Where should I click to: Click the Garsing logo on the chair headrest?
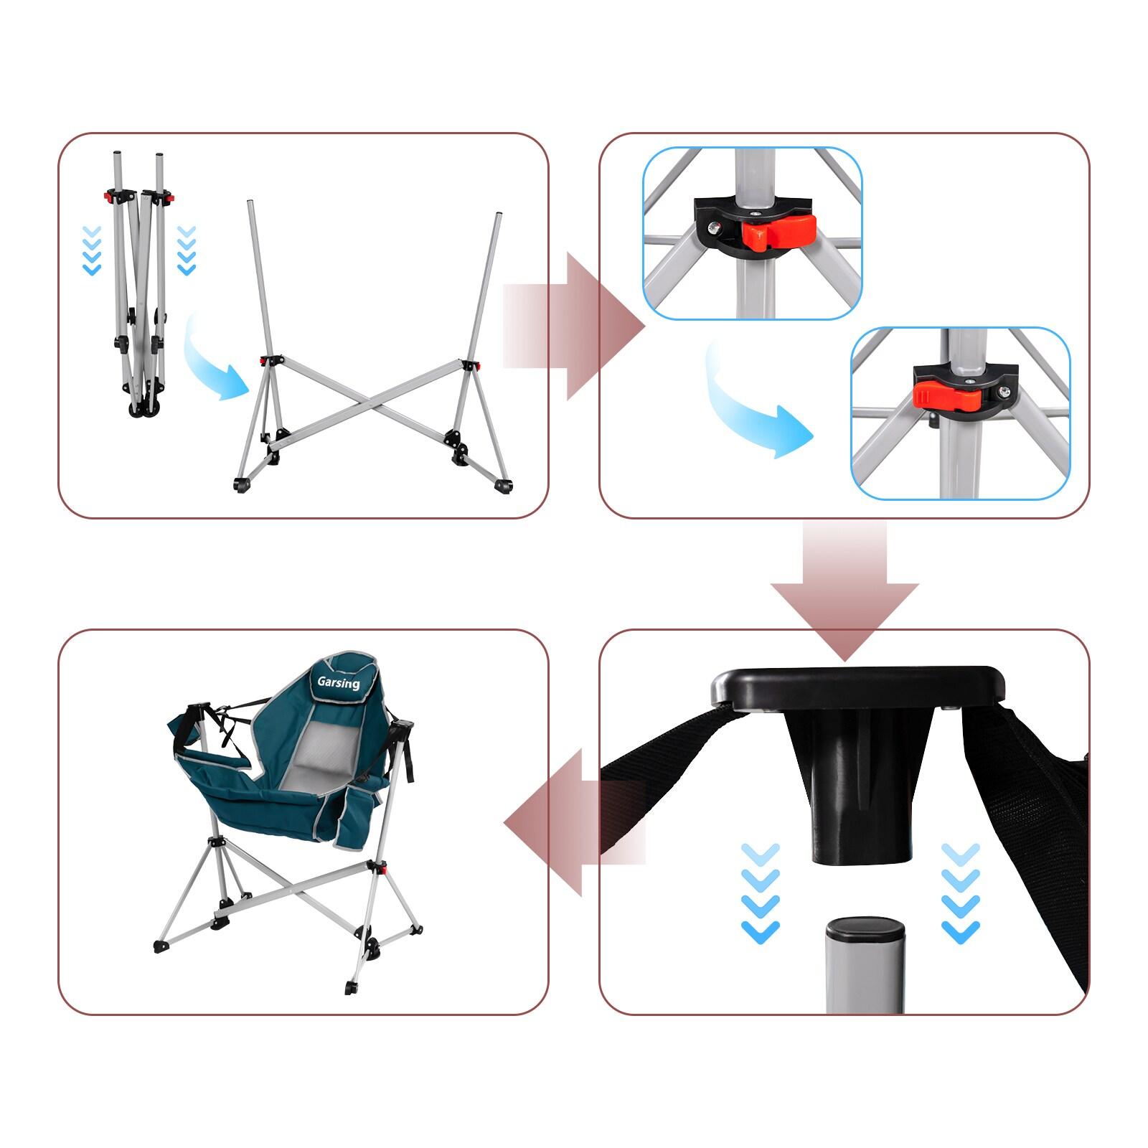point(339,682)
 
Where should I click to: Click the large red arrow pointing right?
point(574,326)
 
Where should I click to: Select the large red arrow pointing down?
point(844,588)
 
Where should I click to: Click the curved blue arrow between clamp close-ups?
point(753,409)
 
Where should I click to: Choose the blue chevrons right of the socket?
point(960,893)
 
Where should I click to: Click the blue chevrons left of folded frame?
point(92,251)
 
